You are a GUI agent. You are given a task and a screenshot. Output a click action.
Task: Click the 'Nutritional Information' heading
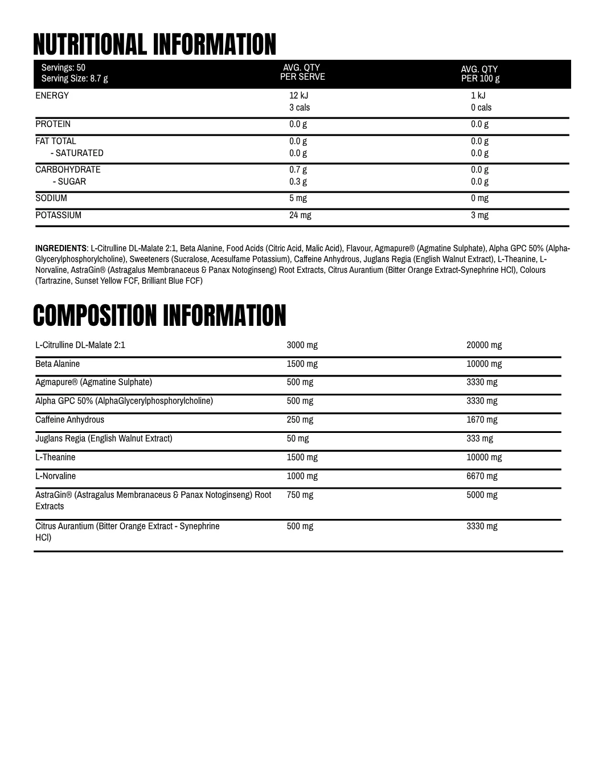coord(154,44)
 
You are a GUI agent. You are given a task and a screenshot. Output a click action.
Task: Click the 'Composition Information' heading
coord(159,316)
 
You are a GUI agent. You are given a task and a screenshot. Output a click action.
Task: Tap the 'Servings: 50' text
coord(63,68)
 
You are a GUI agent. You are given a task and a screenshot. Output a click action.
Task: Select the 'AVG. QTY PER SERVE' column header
coord(302,72)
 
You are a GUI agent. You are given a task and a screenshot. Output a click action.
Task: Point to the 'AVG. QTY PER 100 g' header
coord(480,74)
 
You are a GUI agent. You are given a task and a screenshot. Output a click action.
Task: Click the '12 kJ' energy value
coord(298,96)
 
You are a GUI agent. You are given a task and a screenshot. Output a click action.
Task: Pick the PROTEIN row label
coord(53,124)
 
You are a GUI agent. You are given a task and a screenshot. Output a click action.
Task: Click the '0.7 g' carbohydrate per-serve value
coord(298,170)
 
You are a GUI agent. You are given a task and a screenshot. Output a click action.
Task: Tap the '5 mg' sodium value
coord(298,198)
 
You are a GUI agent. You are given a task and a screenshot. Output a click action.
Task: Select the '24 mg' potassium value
coord(300,215)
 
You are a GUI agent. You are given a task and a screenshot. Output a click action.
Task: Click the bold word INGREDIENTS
coord(61,248)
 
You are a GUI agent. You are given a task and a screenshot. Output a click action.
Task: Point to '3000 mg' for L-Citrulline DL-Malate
coord(302,345)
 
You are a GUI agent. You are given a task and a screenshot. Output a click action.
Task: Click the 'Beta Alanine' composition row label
coord(58,364)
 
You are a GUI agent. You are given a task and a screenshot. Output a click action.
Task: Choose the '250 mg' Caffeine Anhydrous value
coord(300,420)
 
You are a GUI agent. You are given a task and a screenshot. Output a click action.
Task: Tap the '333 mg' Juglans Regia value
coord(479,439)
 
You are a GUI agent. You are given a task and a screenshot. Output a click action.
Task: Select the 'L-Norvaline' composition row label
coord(55,476)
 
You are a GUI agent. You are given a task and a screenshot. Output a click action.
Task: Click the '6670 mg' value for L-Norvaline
coord(482,476)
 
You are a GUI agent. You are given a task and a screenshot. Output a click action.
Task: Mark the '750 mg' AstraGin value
coord(300,495)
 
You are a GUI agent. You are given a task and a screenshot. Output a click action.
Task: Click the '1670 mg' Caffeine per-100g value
coord(482,420)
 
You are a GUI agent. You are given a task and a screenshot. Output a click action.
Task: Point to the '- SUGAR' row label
coord(69,182)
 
